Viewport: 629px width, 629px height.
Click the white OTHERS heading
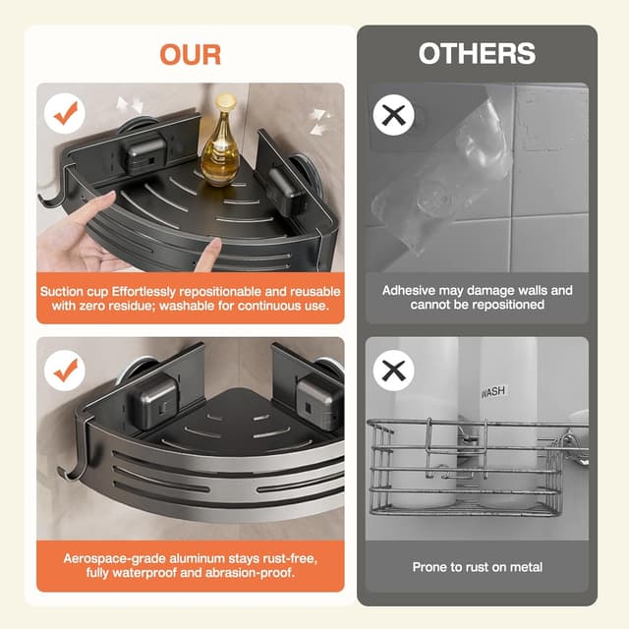point(477,53)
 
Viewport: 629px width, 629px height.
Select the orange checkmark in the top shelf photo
point(66,114)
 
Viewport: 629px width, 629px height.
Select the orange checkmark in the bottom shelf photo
point(66,370)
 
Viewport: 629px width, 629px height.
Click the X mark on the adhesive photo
point(393,115)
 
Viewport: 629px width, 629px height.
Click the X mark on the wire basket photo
point(393,372)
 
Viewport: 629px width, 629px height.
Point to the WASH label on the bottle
point(493,392)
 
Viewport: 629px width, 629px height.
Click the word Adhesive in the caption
point(412,291)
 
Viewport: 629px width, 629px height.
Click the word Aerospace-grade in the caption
point(108,558)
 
